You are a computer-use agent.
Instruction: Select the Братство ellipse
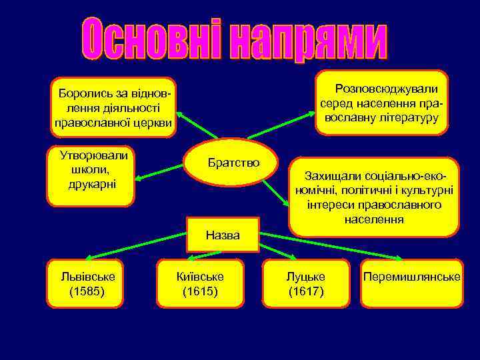pos(231,162)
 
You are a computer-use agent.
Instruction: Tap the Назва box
pos(223,235)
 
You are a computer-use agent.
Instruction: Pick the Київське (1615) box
pos(200,283)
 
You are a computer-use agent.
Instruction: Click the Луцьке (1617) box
pos(306,283)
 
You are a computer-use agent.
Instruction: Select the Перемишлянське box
pos(411,283)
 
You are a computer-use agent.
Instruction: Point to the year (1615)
pos(200,291)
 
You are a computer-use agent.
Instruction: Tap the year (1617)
pos(306,291)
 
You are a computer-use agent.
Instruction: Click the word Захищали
pos(329,176)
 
